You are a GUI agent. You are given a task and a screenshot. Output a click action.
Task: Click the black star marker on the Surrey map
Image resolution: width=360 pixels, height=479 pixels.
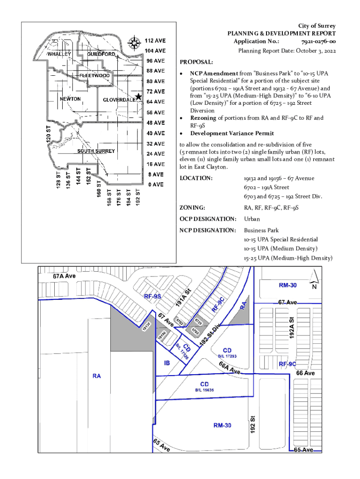[x=138, y=97]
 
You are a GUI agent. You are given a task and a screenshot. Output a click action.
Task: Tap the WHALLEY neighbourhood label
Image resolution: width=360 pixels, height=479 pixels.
[x=59, y=54]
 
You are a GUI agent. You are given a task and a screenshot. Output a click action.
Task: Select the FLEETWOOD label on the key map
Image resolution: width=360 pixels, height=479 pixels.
[x=94, y=75]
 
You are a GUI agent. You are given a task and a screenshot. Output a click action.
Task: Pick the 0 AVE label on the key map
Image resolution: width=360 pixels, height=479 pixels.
[x=156, y=184]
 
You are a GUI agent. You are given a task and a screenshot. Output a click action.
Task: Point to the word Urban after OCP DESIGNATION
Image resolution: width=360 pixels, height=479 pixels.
[x=252, y=219]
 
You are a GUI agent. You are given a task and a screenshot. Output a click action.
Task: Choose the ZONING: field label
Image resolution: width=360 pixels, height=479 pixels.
[x=194, y=208]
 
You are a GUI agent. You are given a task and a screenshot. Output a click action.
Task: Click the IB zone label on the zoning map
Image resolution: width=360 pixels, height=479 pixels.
[x=167, y=363]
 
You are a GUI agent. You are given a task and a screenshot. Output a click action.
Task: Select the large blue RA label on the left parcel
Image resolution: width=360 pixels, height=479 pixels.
[x=97, y=376]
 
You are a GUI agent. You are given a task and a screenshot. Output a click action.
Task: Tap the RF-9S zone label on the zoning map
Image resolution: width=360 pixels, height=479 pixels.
[x=152, y=296]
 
